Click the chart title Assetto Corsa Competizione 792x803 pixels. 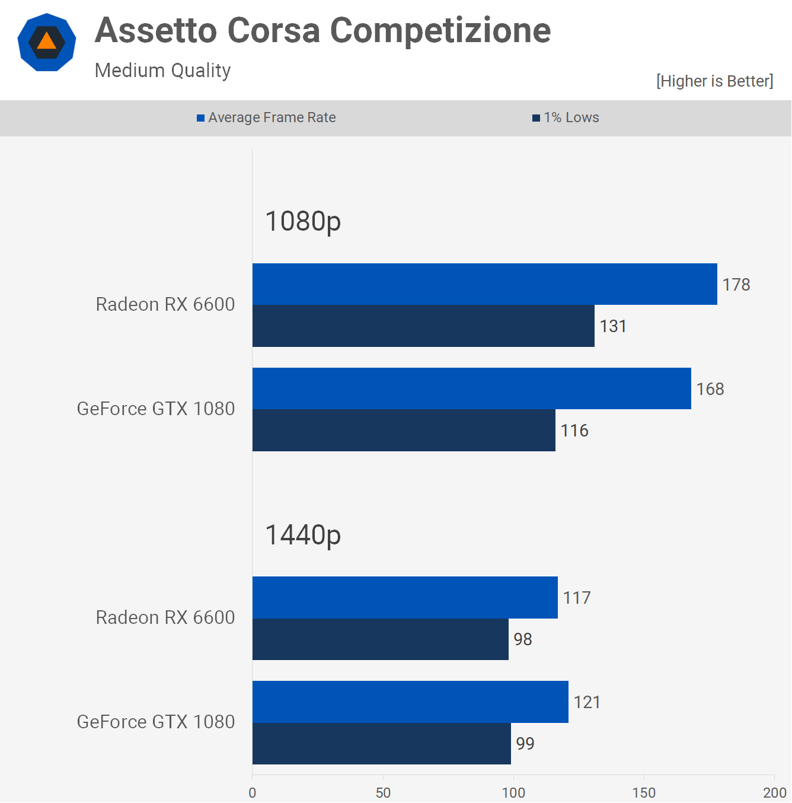[x=322, y=31]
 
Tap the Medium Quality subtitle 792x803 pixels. [x=162, y=71]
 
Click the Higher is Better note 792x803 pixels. [x=714, y=81]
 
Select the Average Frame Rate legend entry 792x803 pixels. [x=267, y=117]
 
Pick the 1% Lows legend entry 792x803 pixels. [x=566, y=117]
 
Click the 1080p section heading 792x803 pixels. [x=303, y=221]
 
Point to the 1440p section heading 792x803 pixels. [x=303, y=534]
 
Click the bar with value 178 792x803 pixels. [x=484, y=284]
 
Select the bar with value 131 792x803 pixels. [x=423, y=326]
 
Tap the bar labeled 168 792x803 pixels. [x=471, y=388]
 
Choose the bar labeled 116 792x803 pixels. [x=404, y=431]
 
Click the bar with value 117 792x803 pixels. [x=405, y=597]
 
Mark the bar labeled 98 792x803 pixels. [x=380, y=639]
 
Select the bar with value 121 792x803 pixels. [x=410, y=702]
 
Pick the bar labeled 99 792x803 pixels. [x=381, y=744]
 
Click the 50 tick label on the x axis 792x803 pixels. [x=383, y=793]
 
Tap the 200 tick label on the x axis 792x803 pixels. [x=774, y=793]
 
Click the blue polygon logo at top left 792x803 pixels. [x=47, y=42]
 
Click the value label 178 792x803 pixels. [x=736, y=285]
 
